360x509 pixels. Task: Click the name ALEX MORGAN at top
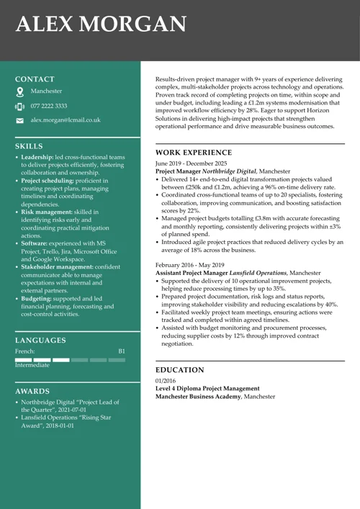pos(100,24)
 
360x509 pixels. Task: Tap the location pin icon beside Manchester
pos(19,92)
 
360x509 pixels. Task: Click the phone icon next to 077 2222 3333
pos(19,107)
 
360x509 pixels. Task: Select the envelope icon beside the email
pos(19,121)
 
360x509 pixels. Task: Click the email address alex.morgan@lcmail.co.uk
pos(66,120)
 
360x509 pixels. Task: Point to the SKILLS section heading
pos(29,145)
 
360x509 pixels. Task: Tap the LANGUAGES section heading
pos(40,340)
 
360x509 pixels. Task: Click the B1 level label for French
pos(122,351)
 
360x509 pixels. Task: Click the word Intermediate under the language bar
pos(32,365)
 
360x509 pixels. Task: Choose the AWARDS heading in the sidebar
pos(32,391)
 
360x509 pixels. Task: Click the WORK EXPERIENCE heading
pos(195,153)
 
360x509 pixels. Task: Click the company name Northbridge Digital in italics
pos(229,172)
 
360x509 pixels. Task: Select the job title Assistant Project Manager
pos(192,274)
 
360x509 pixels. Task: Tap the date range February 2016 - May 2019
pos(189,265)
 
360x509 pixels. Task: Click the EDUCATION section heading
pos(180,370)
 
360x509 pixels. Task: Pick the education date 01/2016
pos(166,380)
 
